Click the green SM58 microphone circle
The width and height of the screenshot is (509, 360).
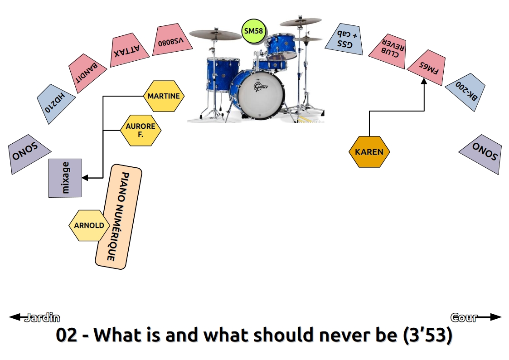pos(254,31)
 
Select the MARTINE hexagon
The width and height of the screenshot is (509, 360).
pos(164,96)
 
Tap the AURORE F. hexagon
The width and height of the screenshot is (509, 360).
pos(141,130)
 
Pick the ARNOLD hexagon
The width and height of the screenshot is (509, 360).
pos(89,225)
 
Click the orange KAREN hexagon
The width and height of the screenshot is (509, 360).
pos(369,152)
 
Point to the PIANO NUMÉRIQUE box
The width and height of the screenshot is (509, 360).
pos(118,217)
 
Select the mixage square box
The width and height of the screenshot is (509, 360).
pos(65,178)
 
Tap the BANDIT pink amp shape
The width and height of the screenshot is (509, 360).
pos(87,73)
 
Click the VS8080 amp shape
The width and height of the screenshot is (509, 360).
pos(172,39)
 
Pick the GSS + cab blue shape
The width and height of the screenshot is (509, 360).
pos(345,39)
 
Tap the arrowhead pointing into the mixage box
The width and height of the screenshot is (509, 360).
pos(85,178)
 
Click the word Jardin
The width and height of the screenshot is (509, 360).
pos(43,317)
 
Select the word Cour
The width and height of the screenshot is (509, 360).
pos(464,317)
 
